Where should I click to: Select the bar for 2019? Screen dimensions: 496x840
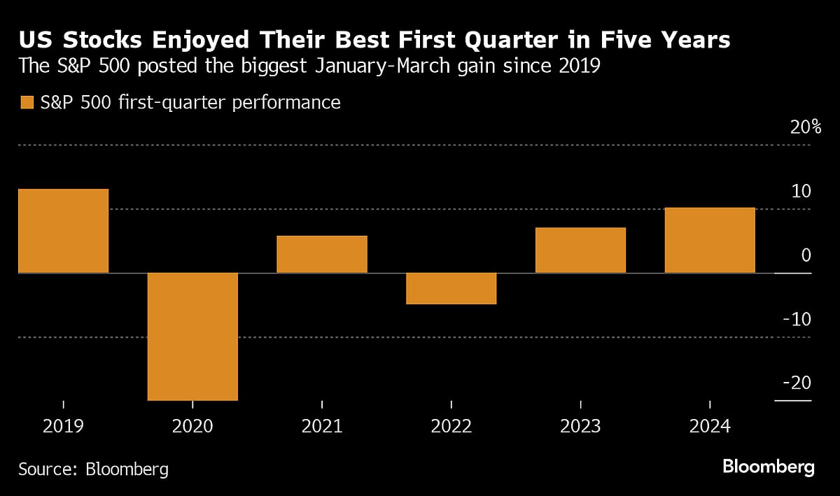[x=63, y=231]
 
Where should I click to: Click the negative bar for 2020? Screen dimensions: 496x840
[x=192, y=336]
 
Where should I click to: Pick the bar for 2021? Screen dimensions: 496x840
[x=322, y=254]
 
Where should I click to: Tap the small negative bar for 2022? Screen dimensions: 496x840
[x=451, y=288]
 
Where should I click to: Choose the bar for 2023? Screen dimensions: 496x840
[x=580, y=250]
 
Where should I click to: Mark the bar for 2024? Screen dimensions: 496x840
[x=710, y=240]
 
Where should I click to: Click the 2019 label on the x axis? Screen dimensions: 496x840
[x=63, y=426]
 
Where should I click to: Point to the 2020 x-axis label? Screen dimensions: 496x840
[x=192, y=426]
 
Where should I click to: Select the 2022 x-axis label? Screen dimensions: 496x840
[x=451, y=426]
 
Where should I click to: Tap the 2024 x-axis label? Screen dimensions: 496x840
[x=710, y=426]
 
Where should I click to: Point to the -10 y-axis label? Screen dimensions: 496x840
[x=797, y=320]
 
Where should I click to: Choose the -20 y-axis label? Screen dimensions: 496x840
[x=797, y=383]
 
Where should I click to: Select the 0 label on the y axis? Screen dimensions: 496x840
[x=806, y=255]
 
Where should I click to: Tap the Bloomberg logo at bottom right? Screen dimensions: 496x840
[x=768, y=467]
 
